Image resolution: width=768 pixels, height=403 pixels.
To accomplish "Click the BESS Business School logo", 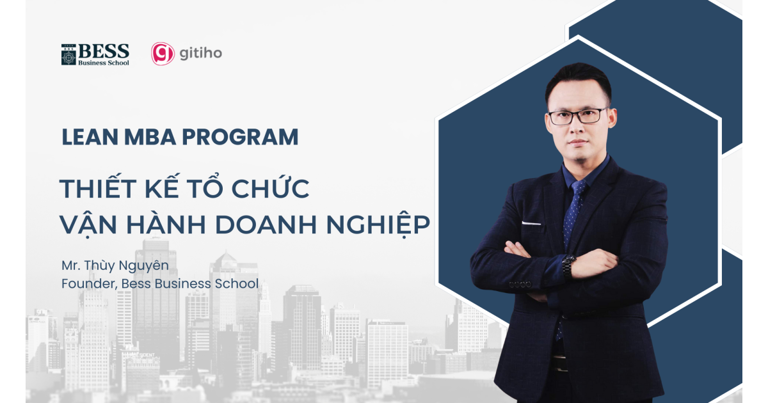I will tap(95, 54).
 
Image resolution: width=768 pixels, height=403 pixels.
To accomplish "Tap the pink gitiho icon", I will tap(163, 54).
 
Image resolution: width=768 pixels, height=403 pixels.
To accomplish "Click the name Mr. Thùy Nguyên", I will tap(115, 265).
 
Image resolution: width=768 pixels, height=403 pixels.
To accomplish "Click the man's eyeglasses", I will tap(577, 116).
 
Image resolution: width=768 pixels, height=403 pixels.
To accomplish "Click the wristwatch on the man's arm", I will tap(568, 264).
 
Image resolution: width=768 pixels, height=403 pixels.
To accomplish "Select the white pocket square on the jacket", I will tap(531, 223).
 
